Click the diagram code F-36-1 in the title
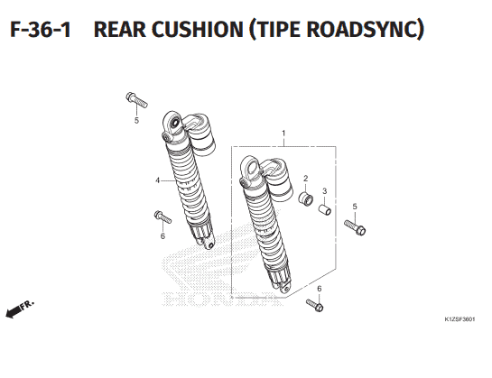pyautogui.click(x=41, y=30)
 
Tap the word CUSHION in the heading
pyautogui.click(x=199, y=30)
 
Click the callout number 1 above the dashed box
pyautogui.click(x=283, y=134)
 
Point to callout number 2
pyautogui.click(x=306, y=179)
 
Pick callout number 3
pyautogui.click(x=324, y=190)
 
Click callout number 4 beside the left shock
pyautogui.click(x=157, y=180)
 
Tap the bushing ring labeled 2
pyautogui.click(x=306, y=198)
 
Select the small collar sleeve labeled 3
pyautogui.click(x=325, y=210)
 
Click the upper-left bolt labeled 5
pyautogui.click(x=136, y=100)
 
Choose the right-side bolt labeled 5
pyautogui.click(x=355, y=227)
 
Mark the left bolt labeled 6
pyautogui.click(x=162, y=217)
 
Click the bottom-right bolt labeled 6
pyautogui.click(x=315, y=305)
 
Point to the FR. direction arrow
pyautogui.click(x=20, y=309)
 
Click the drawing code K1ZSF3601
pyautogui.click(x=460, y=319)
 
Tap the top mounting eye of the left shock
pyautogui.click(x=173, y=123)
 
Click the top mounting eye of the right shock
pyautogui.click(x=251, y=167)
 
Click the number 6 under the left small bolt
pyautogui.click(x=162, y=235)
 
